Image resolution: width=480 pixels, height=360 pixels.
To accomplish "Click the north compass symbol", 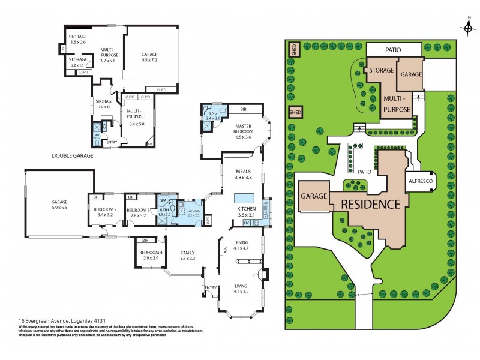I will (x=467, y=28).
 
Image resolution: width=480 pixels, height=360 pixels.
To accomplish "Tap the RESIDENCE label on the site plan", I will (x=370, y=204).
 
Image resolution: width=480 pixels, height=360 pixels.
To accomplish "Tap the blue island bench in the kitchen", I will (x=243, y=198).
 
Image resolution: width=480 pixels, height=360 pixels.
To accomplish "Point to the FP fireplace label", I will (x=262, y=275).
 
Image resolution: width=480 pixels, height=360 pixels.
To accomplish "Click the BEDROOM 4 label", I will (x=150, y=255).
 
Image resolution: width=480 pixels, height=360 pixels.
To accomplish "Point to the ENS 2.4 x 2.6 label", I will (x=214, y=116).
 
